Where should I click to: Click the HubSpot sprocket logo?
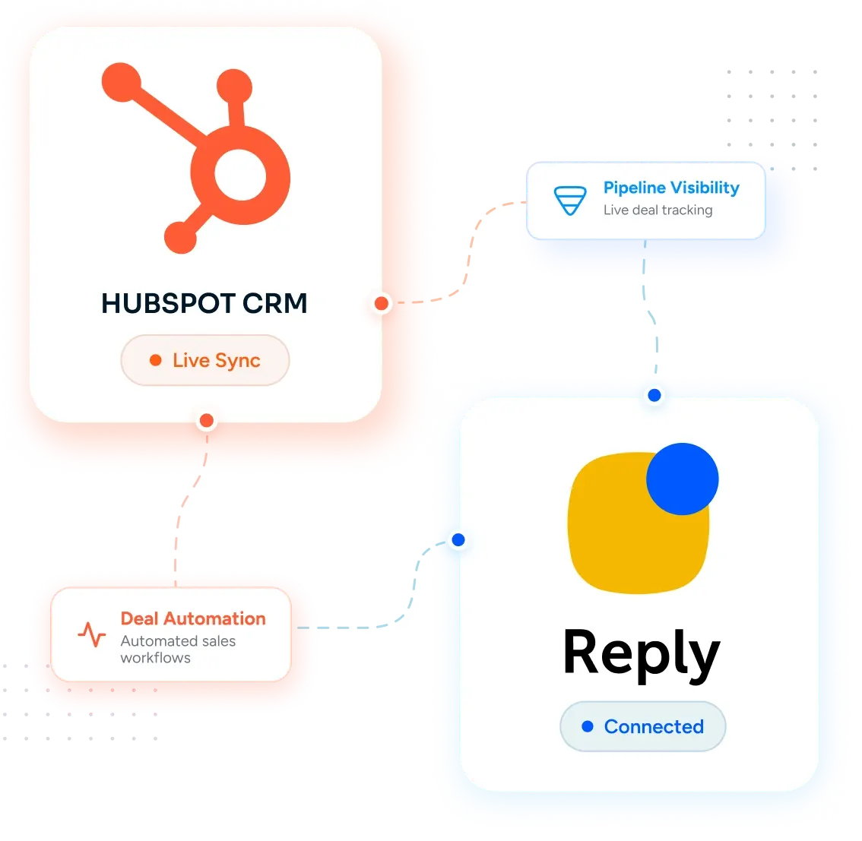coord(240,175)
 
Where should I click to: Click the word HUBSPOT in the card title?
coord(168,303)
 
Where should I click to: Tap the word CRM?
coord(275,303)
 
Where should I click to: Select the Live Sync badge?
coord(205,360)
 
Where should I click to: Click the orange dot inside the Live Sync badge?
coord(156,360)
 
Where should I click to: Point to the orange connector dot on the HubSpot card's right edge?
coord(382,303)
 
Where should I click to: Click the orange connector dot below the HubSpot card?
coord(207,421)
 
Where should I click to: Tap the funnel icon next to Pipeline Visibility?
coord(570,201)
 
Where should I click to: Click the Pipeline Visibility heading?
coord(671,188)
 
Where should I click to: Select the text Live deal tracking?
coord(658,210)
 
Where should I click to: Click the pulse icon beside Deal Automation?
coord(92,634)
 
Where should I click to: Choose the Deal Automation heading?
coord(193,618)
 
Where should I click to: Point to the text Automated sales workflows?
coord(178,650)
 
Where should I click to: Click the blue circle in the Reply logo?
coord(683,479)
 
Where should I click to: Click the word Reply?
coord(642,654)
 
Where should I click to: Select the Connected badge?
coord(642,727)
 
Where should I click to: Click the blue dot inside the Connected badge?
coord(588,727)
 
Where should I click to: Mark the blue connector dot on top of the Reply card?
coord(654,395)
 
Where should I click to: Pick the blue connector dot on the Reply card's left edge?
coord(458,540)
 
